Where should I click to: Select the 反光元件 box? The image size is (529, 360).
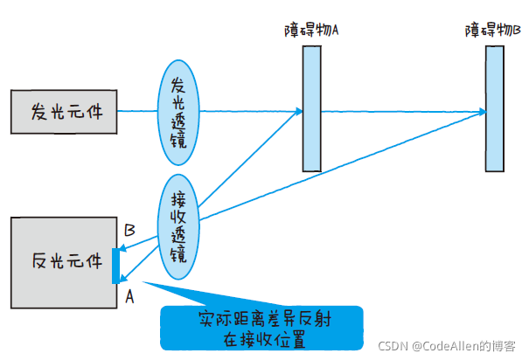[63, 260]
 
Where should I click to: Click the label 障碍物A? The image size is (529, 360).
[312, 30]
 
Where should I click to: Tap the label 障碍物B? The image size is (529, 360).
[493, 30]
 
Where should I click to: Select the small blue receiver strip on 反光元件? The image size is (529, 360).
[116, 266]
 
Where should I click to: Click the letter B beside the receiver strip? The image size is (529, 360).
[129, 231]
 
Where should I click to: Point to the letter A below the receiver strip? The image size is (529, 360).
[129, 296]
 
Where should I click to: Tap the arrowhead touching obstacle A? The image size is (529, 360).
[299, 111]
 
